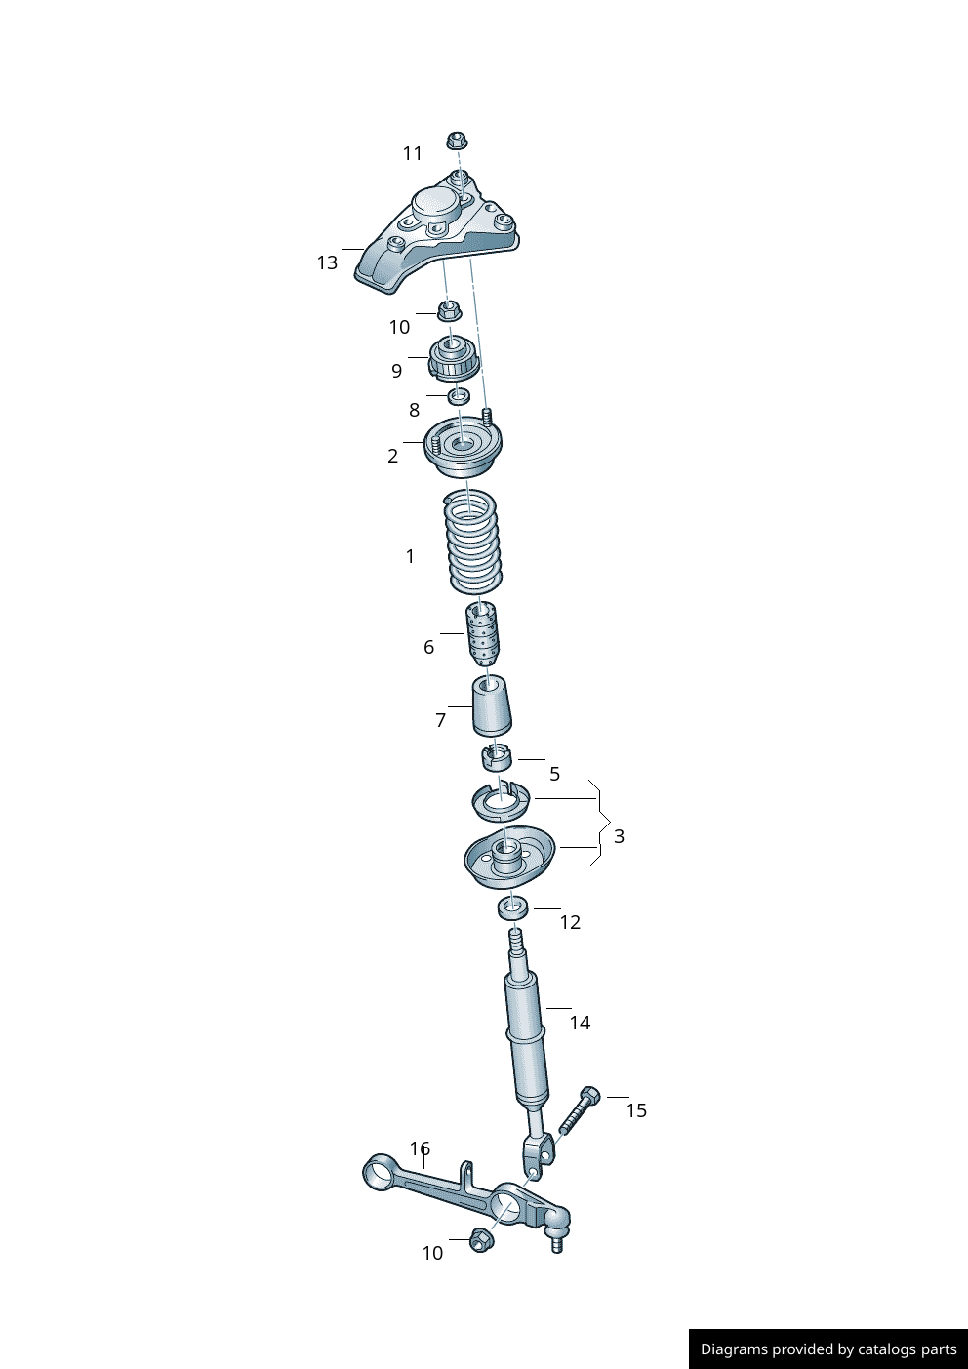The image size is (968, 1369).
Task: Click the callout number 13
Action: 327,262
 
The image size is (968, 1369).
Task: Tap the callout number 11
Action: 413,153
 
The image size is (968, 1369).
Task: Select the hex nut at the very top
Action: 456,140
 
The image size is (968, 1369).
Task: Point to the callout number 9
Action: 396,371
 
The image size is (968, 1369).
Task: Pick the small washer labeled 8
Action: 459,395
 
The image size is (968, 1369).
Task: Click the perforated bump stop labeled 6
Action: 482,633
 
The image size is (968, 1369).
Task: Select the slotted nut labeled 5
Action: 497,756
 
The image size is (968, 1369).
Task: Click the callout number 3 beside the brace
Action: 619,836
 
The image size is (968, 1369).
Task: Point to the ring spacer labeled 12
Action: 513,908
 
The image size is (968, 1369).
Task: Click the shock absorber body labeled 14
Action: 526,1034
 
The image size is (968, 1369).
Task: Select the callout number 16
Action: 420,1148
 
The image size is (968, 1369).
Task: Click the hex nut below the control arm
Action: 481,1240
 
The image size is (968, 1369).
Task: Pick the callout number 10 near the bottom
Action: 432,1253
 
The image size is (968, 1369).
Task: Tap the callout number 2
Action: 392,456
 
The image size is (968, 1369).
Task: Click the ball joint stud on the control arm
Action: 557,1243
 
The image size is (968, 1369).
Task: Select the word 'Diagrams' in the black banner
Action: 733,1349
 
